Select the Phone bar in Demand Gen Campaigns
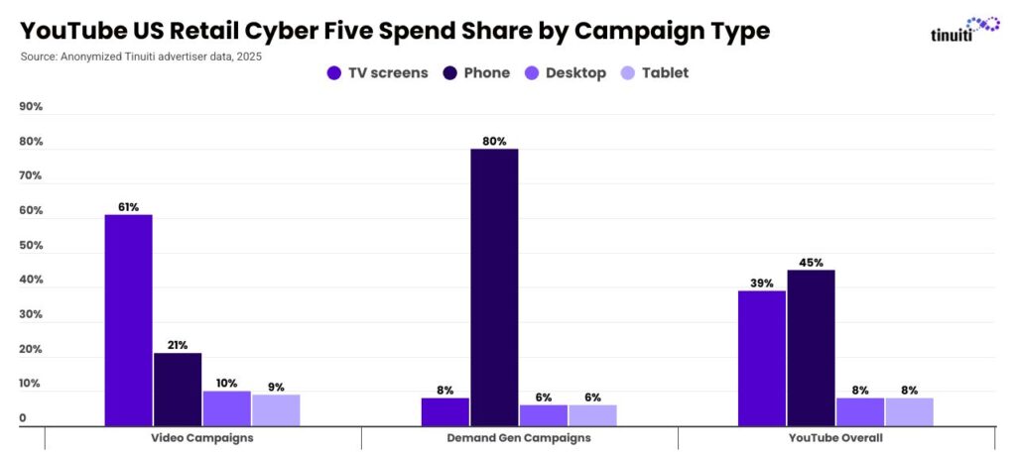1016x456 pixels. point(494,287)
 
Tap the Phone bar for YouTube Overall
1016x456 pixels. point(811,348)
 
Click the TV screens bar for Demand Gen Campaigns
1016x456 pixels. point(445,411)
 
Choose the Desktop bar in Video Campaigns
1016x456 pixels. point(227,408)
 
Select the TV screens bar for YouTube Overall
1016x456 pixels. point(762,358)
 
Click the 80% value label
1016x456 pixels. point(494,141)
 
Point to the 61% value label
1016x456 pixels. point(129,207)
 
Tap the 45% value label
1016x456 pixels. point(811,263)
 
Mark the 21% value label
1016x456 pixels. point(178,345)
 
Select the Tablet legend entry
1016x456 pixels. point(654,72)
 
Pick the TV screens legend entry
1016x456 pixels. point(377,72)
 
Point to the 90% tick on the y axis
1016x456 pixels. point(31,107)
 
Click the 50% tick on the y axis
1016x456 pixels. point(31,246)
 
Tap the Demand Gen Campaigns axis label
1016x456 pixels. point(519,437)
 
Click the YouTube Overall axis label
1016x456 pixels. point(835,437)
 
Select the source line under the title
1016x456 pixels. point(141,57)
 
